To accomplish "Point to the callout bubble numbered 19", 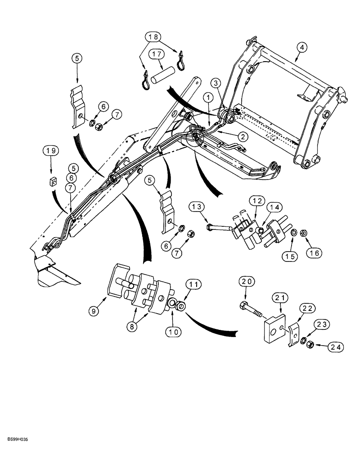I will (x=50, y=150).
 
